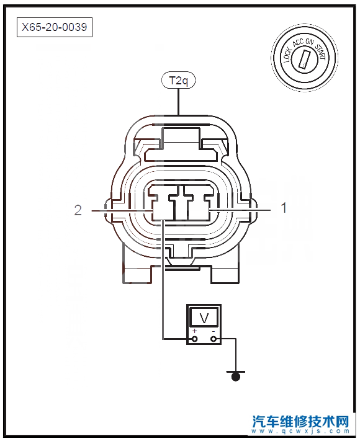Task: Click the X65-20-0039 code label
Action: (x=55, y=27)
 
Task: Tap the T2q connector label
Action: (x=178, y=81)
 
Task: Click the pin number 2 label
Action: (x=78, y=210)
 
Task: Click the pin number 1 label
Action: (x=284, y=208)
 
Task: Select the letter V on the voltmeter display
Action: (x=204, y=318)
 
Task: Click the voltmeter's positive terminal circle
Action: (x=194, y=339)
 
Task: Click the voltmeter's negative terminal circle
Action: (x=214, y=339)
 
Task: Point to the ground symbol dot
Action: (x=236, y=376)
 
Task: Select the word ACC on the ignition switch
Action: (x=299, y=43)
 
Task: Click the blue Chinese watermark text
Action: (x=300, y=421)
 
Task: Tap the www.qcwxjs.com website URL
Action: (x=300, y=431)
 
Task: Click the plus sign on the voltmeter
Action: (x=194, y=331)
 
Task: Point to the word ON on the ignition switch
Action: (x=309, y=42)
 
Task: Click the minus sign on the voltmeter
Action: (x=214, y=331)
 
